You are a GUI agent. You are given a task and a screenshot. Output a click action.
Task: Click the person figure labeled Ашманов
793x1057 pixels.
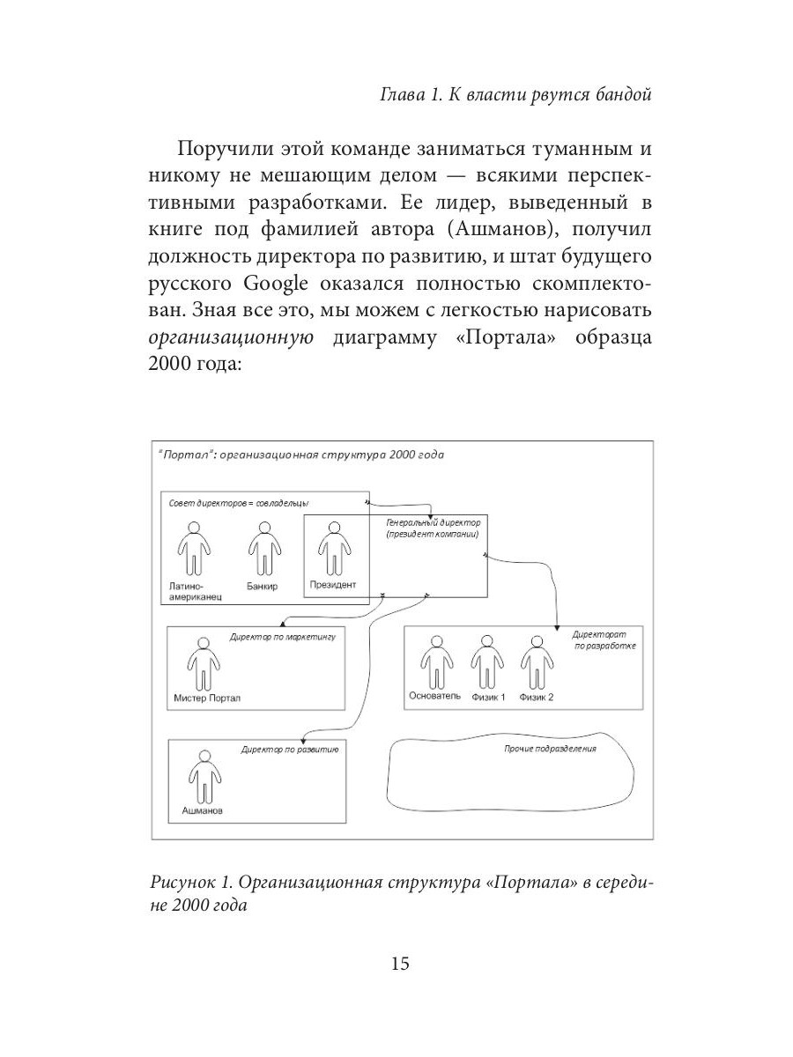pyautogui.click(x=204, y=776)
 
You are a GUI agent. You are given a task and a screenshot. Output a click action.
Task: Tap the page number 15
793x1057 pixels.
pyautogui.click(x=399, y=964)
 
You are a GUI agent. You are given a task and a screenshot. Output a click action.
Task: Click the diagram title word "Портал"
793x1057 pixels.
pyautogui.click(x=183, y=455)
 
